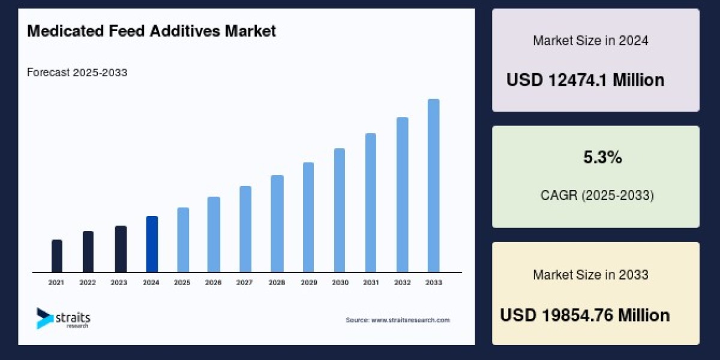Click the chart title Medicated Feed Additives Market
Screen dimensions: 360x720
(x=151, y=31)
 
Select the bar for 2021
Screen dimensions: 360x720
(x=57, y=256)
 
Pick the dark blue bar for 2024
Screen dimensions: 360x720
(x=152, y=244)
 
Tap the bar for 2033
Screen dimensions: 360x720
(x=433, y=185)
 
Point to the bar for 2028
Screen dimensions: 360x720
(x=277, y=224)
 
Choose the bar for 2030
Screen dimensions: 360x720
(x=340, y=210)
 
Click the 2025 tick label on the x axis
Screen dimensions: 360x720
(x=182, y=282)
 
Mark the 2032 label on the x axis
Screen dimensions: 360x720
(x=403, y=282)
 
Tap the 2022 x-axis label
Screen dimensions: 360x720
(x=88, y=282)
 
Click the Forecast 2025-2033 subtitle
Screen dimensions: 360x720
(x=77, y=73)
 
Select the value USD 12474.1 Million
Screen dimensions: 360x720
(x=585, y=80)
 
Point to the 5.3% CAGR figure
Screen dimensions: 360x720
(x=602, y=158)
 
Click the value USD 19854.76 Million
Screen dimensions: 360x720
(x=584, y=315)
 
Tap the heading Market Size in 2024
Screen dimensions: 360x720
(x=590, y=41)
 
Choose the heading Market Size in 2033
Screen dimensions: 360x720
(x=590, y=275)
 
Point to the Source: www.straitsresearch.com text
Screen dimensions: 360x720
(x=397, y=320)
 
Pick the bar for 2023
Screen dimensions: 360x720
(x=121, y=249)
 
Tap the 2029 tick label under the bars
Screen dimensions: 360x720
(x=308, y=282)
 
